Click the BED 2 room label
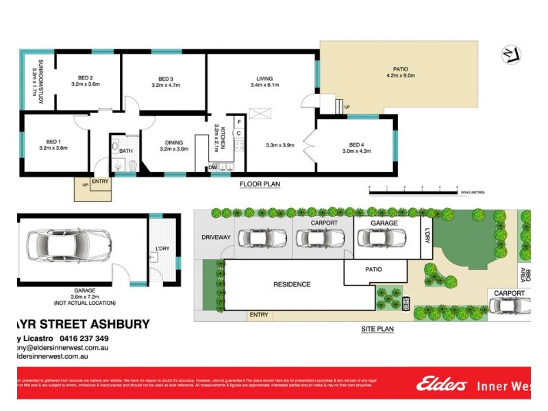pyautogui.click(x=86, y=77)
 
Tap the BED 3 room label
pyautogui.click(x=163, y=77)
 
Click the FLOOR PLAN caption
pyautogui.click(x=260, y=184)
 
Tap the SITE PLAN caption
pyautogui.click(x=377, y=329)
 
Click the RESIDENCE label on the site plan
pyautogui.click(x=292, y=284)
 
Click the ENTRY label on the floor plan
pyautogui.click(x=100, y=181)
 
